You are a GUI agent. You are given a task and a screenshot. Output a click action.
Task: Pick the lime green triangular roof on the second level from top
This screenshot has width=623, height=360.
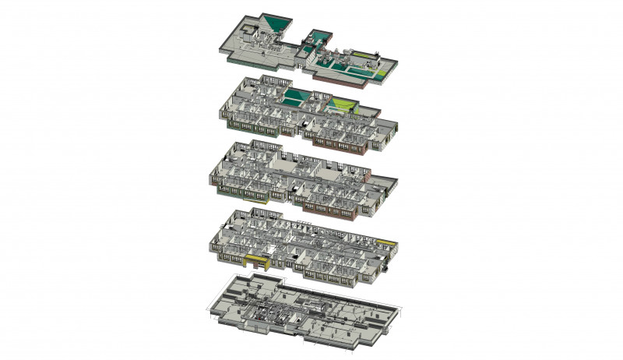(x=341, y=104)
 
